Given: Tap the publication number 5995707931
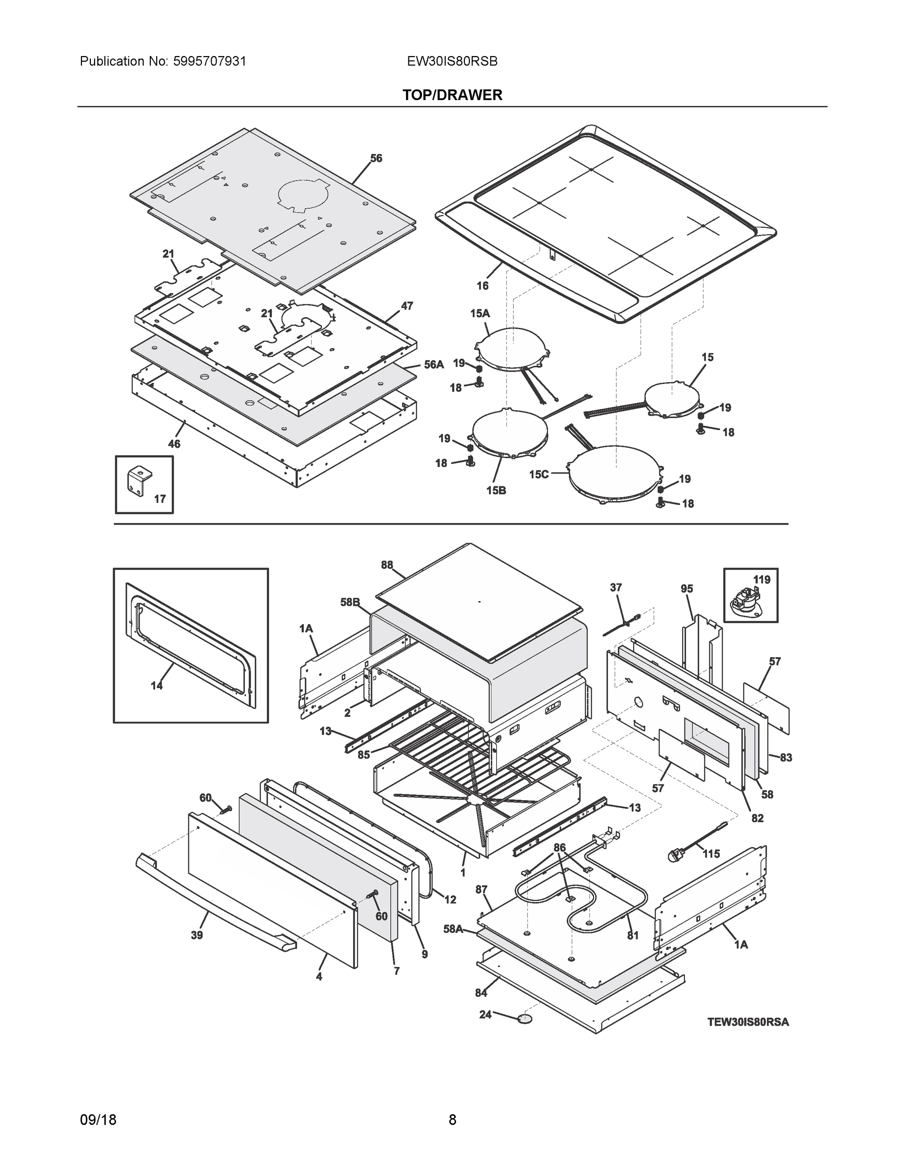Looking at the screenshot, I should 210,61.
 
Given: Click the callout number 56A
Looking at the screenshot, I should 434,364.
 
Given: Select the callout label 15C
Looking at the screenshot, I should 539,474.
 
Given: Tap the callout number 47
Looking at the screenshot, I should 407,306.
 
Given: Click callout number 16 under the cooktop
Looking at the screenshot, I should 483,286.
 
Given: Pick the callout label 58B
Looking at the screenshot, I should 350,602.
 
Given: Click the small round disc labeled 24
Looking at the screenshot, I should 525,1018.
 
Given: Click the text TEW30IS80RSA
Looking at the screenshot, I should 748,1023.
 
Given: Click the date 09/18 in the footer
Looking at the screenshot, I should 98,1120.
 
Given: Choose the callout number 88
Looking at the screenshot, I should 386,565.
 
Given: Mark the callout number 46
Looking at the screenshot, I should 174,444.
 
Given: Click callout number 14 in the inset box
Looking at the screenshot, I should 156,685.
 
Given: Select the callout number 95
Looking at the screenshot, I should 687,589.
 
